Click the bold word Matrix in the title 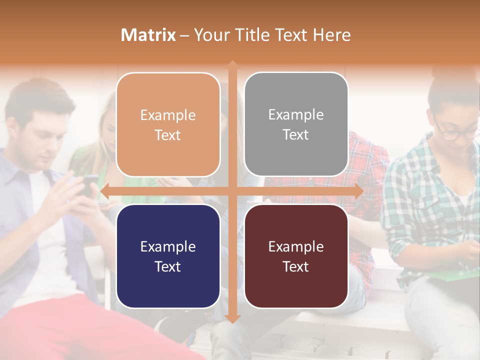[148, 35]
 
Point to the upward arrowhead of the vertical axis [232, 65]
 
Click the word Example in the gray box [296, 115]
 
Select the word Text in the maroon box [296, 266]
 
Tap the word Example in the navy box [168, 246]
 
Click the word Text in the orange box [168, 135]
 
